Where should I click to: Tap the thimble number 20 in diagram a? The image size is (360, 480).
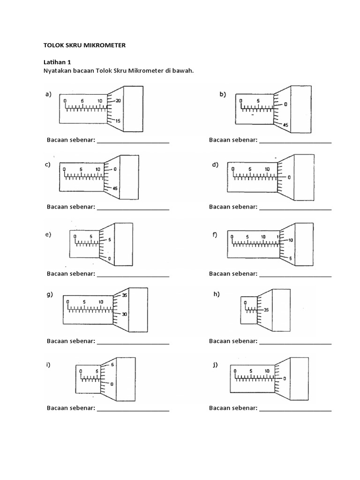(x=118, y=101)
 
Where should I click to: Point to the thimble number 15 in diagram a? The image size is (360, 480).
(x=118, y=121)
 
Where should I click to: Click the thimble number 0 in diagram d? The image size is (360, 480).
(x=289, y=177)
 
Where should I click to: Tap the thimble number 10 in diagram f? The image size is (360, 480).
(x=291, y=240)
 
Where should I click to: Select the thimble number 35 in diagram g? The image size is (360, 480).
(x=124, y=295)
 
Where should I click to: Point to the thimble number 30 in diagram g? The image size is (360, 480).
(x=124, y=315)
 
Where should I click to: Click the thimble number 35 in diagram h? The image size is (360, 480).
(x=266, y=310)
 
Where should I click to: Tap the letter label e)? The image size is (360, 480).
(x=48, y=234)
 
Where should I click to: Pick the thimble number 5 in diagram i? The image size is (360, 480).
(x=112, y=365)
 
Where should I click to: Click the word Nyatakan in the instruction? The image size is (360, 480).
(x=57, y=71)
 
